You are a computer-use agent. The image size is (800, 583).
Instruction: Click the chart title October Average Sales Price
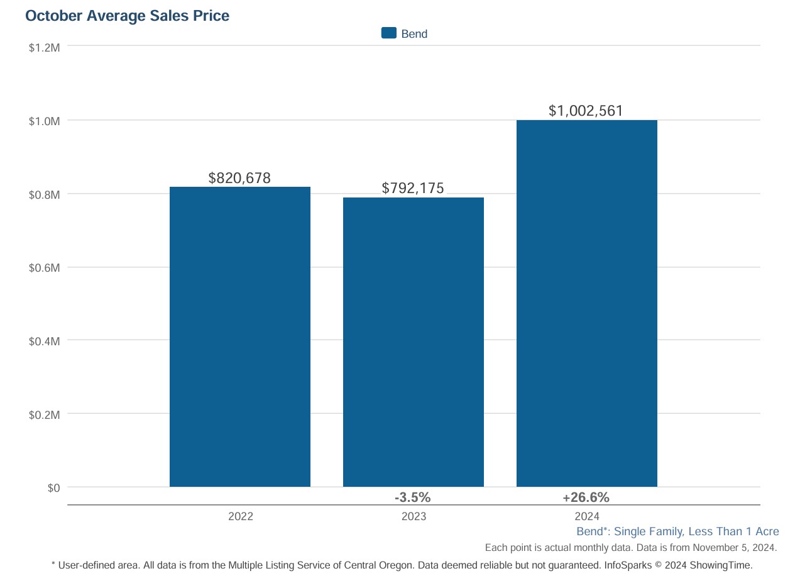[127, 16]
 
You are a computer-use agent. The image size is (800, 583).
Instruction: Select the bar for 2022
[240, 336]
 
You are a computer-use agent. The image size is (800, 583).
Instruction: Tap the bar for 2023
[413, 342]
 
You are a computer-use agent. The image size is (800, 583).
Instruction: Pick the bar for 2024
[586, 303]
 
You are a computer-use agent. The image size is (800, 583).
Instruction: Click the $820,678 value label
[239, 178]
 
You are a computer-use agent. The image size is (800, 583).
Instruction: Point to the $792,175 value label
[413, 188]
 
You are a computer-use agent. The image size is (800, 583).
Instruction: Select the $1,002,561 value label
[586, 111]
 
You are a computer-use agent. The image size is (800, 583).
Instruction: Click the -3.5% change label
[412, 497]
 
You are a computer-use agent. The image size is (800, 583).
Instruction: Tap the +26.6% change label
[586, 497]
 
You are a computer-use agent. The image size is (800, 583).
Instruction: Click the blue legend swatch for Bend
[389, 33]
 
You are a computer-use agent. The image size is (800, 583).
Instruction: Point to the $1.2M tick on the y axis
[44, 47]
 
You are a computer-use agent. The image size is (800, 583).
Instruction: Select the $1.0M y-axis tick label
[44, 121]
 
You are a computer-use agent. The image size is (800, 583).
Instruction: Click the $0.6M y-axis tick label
[44, 268]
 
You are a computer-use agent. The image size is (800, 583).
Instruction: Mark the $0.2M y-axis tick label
[44, 415]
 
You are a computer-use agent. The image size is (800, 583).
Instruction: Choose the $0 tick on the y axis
[53, 488]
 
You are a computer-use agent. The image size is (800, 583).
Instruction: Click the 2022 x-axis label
[240, 516]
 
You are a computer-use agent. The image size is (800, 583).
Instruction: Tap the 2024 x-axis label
[586, 516]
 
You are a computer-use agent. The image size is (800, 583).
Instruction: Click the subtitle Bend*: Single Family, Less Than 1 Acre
[677, 531]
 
